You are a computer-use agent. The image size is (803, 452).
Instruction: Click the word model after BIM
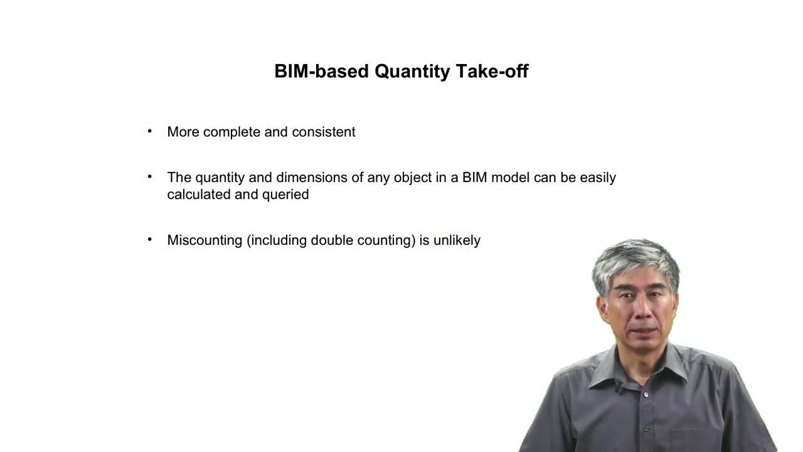coord(510,178)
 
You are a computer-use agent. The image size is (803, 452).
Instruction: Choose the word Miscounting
coord(205,240)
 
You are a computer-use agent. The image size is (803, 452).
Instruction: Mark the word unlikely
coord(457,240)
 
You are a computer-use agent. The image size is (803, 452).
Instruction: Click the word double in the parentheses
coord(332,240)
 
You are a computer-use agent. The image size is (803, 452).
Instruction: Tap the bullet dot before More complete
coord(149,131)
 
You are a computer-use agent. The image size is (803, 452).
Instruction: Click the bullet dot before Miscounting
coord(149,239)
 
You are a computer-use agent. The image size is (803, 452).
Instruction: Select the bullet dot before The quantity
coord(149,176)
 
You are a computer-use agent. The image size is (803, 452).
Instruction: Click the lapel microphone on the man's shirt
coord(618,385)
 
